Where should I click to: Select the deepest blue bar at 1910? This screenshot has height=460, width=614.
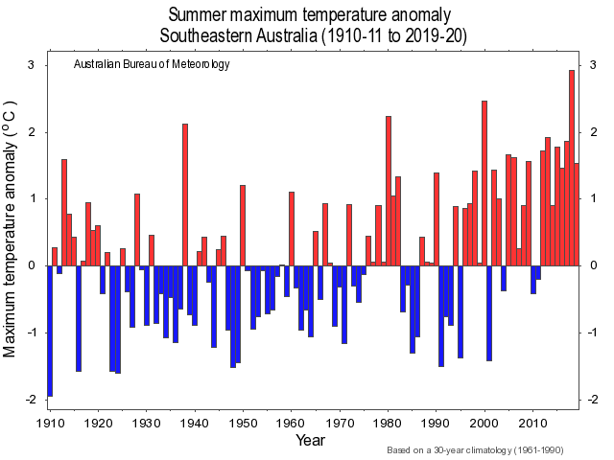[x=50, y=331]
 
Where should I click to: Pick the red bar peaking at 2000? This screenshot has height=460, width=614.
[x=484, y=182]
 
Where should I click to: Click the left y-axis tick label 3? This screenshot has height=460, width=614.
[x=31, y=65]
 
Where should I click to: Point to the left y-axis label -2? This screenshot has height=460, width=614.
[x=28, y=399]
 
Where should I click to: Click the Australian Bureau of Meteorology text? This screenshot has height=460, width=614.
[x=152, y=65]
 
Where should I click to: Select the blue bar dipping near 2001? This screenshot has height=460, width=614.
[x=489, y=312]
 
